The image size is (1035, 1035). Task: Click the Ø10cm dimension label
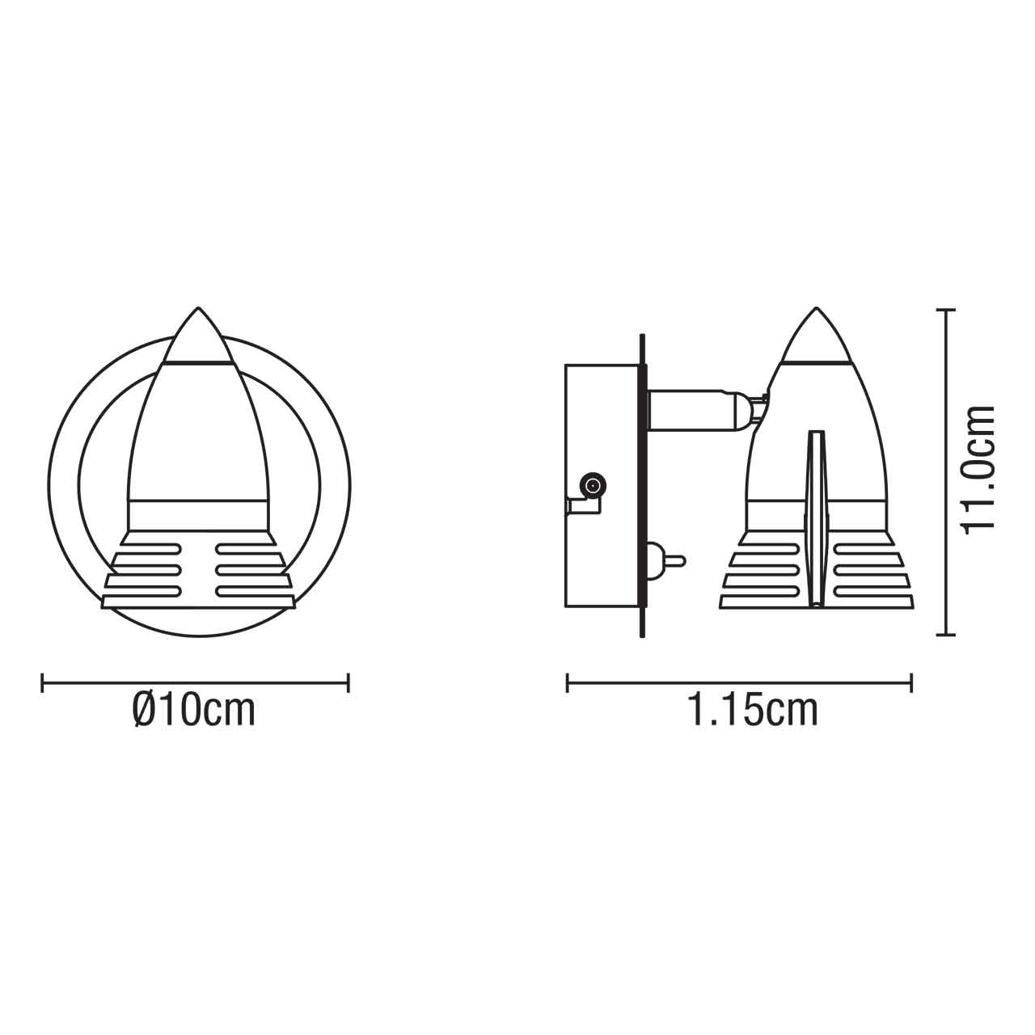pos(193,711)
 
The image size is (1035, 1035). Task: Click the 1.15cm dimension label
pos(752,711)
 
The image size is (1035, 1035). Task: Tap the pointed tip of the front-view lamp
pos(198,309)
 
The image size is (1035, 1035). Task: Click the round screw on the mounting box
pos(593,486)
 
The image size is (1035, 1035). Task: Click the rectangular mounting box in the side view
pos(602,485)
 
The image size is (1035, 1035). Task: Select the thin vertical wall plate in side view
pos(642,485)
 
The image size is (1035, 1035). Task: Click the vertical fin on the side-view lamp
pos(817,517)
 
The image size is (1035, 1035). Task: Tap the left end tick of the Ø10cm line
pos(42,683)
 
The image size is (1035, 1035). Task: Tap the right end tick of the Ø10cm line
pos(348,683)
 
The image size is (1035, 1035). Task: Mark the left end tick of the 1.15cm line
pos(568,683)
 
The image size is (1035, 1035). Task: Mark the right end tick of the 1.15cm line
pos(912,683)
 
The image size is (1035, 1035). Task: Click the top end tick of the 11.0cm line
pos(945,310)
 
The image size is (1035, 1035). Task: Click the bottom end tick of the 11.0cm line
pos(945,635)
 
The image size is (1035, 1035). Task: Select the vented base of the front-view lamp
pos(198,570)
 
